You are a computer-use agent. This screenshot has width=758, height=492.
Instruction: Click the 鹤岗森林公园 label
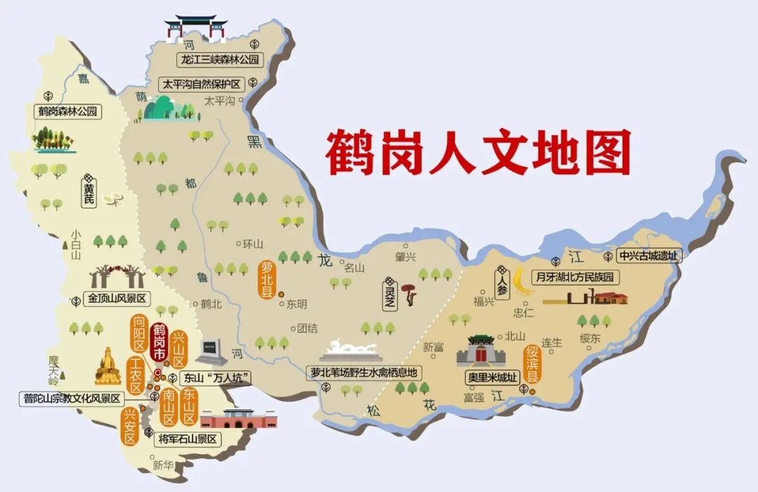tap(68, 111)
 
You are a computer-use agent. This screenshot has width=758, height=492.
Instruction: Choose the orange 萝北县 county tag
tap(267, 280)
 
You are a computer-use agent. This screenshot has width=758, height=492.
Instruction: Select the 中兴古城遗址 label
tap(649, 257)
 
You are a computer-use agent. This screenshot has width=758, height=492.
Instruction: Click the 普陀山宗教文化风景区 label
tap(71, 399)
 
